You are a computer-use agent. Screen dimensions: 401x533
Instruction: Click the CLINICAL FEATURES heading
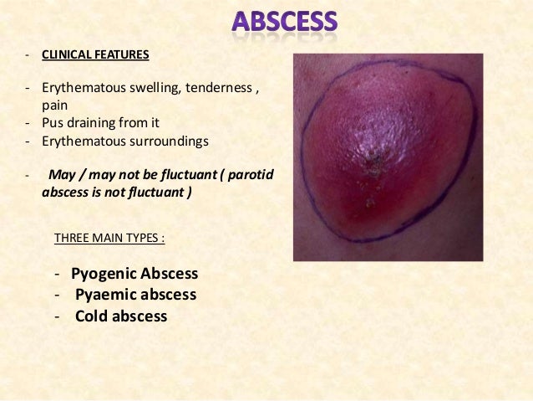coord(96,56)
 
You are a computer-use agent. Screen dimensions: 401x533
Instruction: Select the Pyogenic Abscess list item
coord(135,274)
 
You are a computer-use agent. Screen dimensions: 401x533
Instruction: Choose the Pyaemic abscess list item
coord(135,295)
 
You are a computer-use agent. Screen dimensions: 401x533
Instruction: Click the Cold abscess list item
coord(121,316)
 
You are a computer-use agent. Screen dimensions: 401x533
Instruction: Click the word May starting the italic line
coord(63,175)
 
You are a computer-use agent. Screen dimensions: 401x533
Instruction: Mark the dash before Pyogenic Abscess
coord(54,275)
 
